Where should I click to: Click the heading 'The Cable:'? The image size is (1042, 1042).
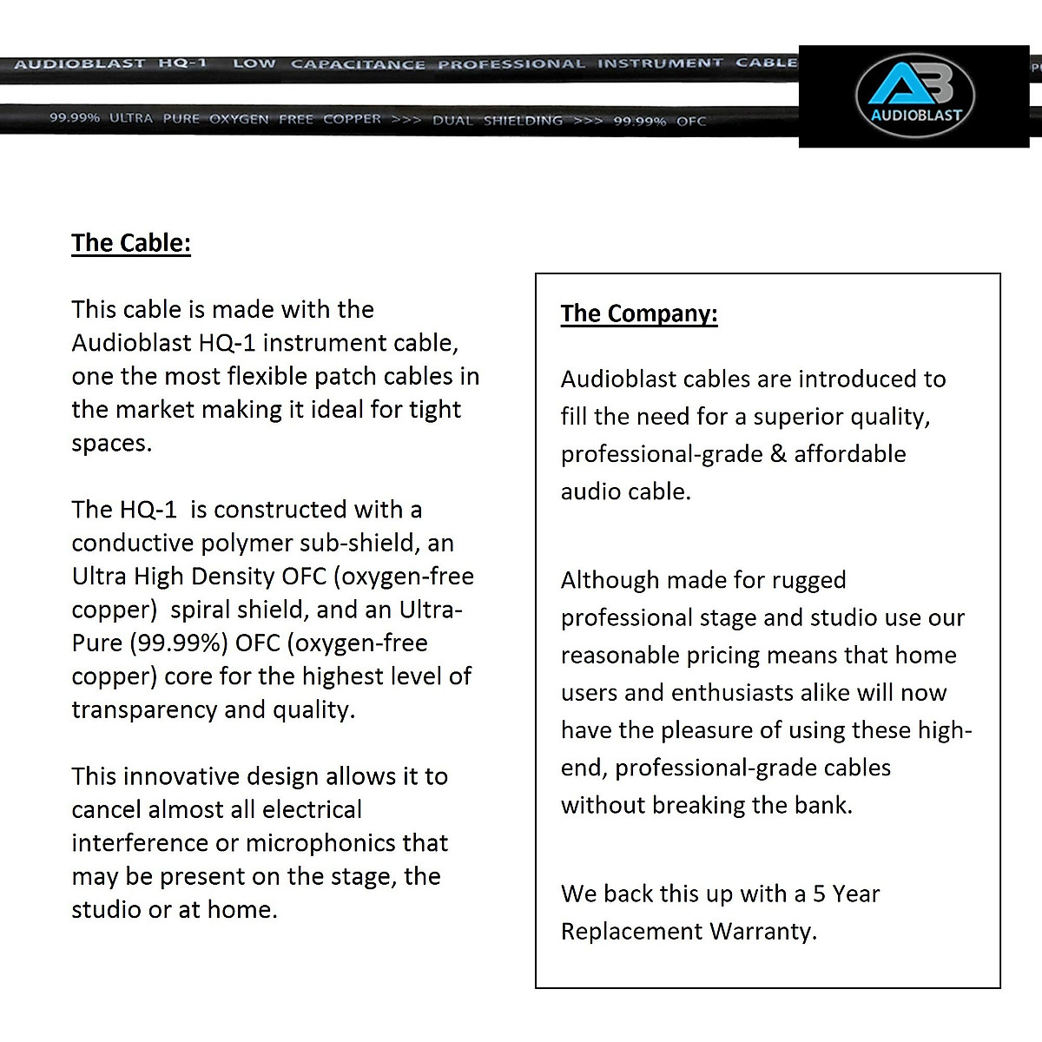pyautogui.click(x=131, y=242)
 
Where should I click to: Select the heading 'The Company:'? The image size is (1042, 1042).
pyautogui.click(x=639, y=313)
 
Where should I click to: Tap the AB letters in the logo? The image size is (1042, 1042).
pyautogui.click(x=911, y=84)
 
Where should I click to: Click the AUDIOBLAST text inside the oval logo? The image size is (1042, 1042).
pyautogui.click(x=916, y=115)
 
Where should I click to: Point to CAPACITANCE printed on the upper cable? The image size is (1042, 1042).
pyautogui.click(x=358, y=64)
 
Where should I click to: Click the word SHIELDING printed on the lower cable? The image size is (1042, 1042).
pyautogui.click(x=523, y=121)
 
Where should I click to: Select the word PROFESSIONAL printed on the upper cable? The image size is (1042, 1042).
pyautogui.click(x=511, y=64)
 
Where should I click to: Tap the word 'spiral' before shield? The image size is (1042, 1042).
pyautogui.click(x=203, y=610)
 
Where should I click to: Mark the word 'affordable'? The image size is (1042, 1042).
pyautogui.click(x=850, y=454)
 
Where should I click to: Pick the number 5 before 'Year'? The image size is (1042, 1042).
pyautogui.click(x=819, y=894)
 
